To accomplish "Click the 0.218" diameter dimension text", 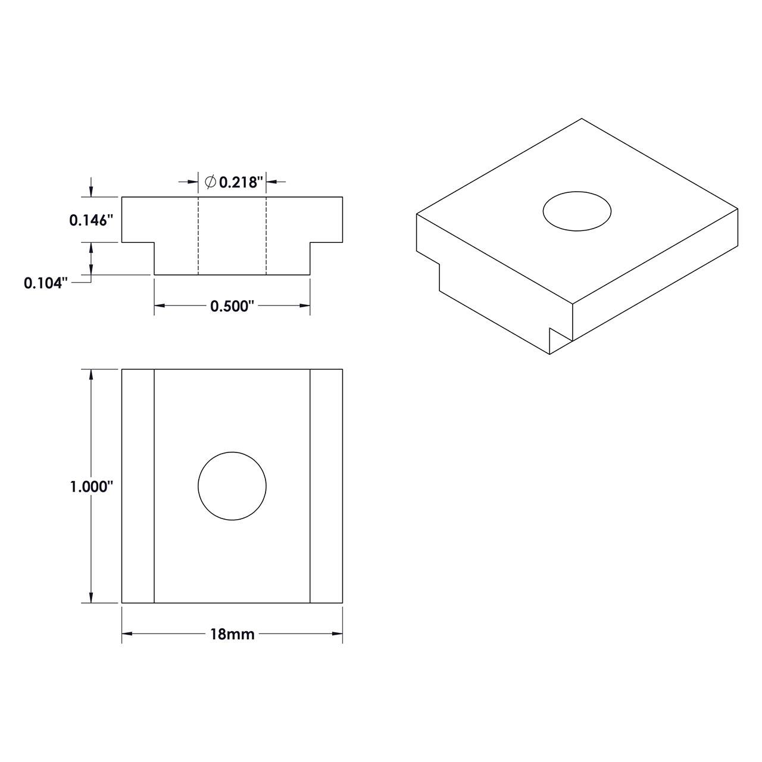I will pyautogui.click(x=241, y=182).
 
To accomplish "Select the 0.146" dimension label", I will pyautogui.click(x=91, y=220).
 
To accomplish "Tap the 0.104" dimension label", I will pyautogui.click(x=43, y=283).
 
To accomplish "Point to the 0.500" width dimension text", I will pyautogui.click(x=232, y=306).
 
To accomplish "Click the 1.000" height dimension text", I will pyautogui.click(x=91, y=486).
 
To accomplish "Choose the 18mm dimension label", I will pyautogui.click(x=232, y=635).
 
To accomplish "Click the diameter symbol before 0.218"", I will pyautogui.click(x=210, y=182).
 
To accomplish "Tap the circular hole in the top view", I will pyautogui.click(x=232, y=486).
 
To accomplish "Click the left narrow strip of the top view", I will pyautogui.click(x=138, y=486).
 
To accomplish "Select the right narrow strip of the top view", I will pyautogui.click(x=326, y=486).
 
